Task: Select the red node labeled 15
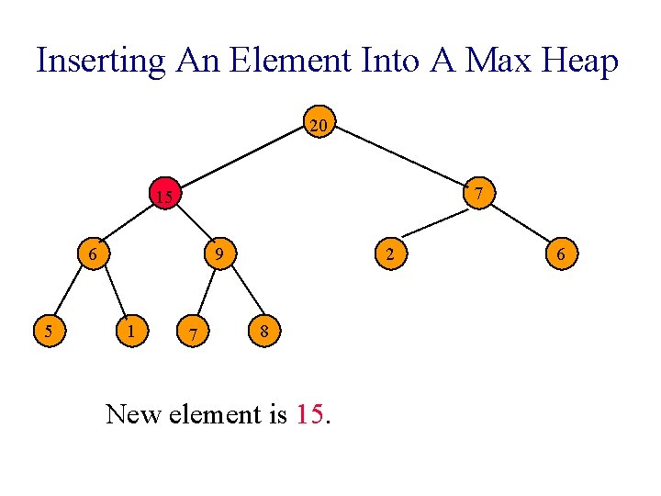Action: pos(163,196)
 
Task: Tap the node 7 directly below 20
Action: pos(478,192)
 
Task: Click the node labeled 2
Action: pos(390,253)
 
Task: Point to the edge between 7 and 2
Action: pos(434,222)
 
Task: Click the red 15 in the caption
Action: pos(310,414)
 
